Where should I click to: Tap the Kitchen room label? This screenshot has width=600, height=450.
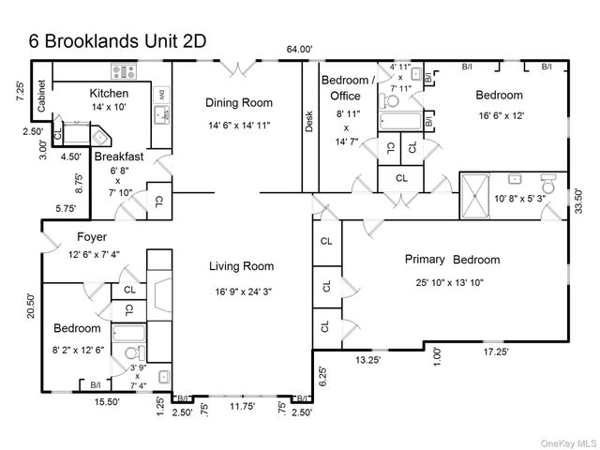click(x=109, y=94)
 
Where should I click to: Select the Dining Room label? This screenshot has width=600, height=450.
click(x=240, y=103)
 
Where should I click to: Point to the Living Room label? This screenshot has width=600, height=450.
click(x=241, y=266)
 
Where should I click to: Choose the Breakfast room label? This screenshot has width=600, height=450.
click(x=118, y=157)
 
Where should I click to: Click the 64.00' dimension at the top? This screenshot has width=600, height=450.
click(x=300, y=49)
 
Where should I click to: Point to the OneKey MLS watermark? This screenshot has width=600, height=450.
click(x=565, y=442)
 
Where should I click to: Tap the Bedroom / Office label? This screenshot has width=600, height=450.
click(x=348, y=87)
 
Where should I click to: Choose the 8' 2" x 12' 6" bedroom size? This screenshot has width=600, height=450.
click(x=78, y=350)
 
